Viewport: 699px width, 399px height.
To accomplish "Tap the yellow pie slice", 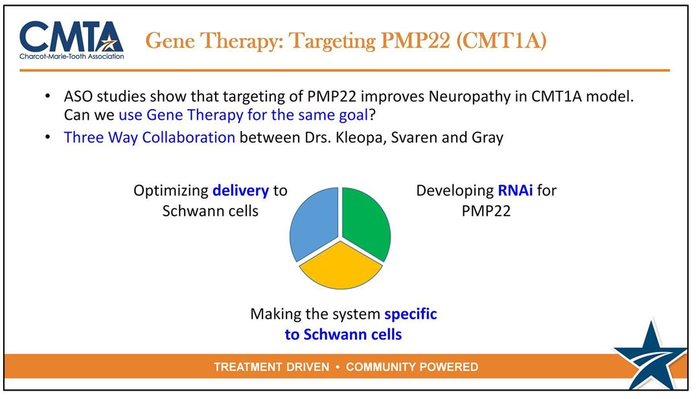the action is tap(341, 267).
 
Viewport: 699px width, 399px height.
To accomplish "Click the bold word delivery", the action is tap(241, 191).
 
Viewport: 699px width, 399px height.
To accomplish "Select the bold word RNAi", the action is tap(515, 191).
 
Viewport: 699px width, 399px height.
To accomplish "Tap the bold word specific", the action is tap(411, 314).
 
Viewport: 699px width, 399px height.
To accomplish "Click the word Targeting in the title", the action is tap(332, 41).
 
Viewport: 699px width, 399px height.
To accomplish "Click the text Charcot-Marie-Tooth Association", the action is tap(72, 56).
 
